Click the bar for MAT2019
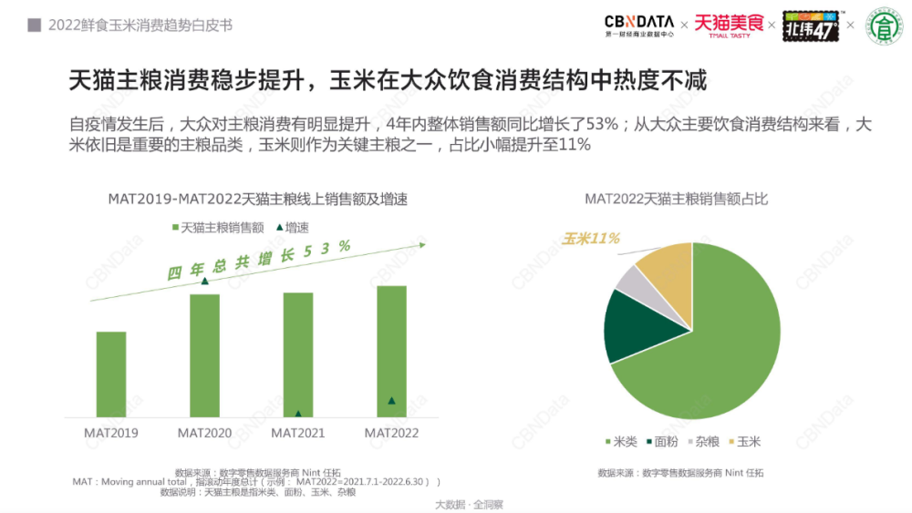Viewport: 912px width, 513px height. click(111, 374)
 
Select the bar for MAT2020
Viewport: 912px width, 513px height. click(204, 355)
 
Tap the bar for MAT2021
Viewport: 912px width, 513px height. click(298, 354)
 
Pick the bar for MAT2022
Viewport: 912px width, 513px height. click(391, 351)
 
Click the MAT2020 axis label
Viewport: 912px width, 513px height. click(204, 433)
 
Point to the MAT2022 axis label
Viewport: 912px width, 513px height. click(391, 433)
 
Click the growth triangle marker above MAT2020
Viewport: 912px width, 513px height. click(204, 281)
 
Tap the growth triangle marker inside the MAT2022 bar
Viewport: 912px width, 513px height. click(391, 400)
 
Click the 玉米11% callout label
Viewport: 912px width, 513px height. click(590, 239)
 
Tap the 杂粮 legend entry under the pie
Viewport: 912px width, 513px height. click(701, 442)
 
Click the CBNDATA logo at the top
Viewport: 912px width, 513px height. click(638, 25)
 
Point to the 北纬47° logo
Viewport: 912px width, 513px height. click(811, 26)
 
